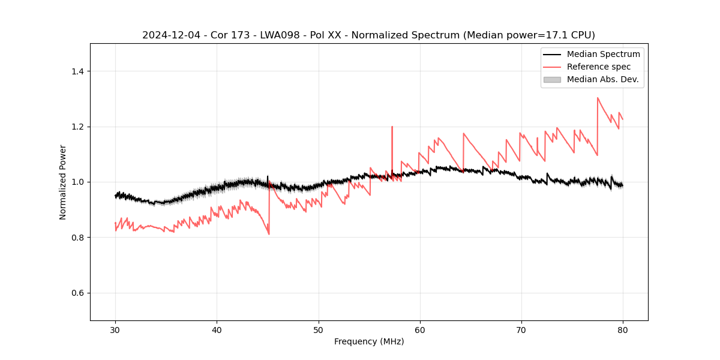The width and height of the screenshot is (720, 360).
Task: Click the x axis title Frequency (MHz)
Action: click(x=369, y=341)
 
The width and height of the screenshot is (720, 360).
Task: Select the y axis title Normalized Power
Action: click(x=63, y=182)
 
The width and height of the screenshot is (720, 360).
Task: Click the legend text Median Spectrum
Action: click(x=603, y=54)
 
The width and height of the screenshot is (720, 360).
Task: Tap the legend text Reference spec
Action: click(x=599, y=67)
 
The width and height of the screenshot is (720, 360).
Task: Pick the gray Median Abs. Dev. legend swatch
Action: click(x=552, y=79)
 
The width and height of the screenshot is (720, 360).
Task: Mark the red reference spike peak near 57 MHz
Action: click(x=392, y=127)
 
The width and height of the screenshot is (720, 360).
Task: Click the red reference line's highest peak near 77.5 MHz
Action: click(x=598, y=98)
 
